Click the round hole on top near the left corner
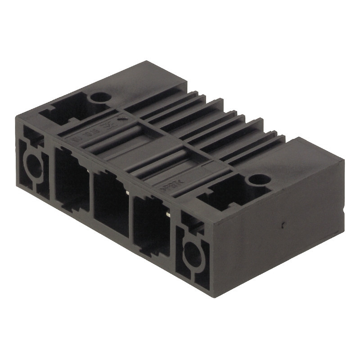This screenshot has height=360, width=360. point(99,97)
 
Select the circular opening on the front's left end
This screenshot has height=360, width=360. point(32,166)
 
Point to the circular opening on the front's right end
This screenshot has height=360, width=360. point(192,254)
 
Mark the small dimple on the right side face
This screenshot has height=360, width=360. point(282,223)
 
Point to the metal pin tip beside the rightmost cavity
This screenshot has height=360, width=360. point(168,215)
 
